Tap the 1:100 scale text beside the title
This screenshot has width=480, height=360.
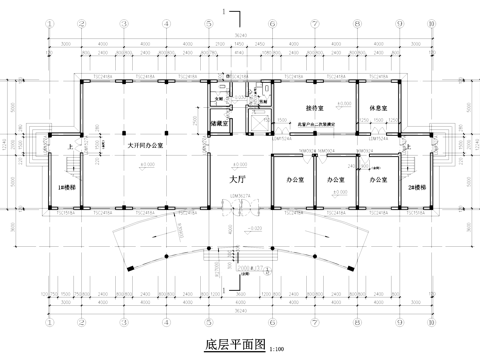coord(277,349)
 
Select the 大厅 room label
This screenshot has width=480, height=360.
coord(238,177)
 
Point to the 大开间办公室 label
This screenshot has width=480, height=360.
coord(146,144)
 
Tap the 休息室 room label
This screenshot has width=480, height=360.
coord(377,109)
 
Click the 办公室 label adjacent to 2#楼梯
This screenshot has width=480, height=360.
coord(377,180)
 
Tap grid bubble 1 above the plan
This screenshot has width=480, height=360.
coord(47,21)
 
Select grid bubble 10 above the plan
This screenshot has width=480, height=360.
coord(428,21)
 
